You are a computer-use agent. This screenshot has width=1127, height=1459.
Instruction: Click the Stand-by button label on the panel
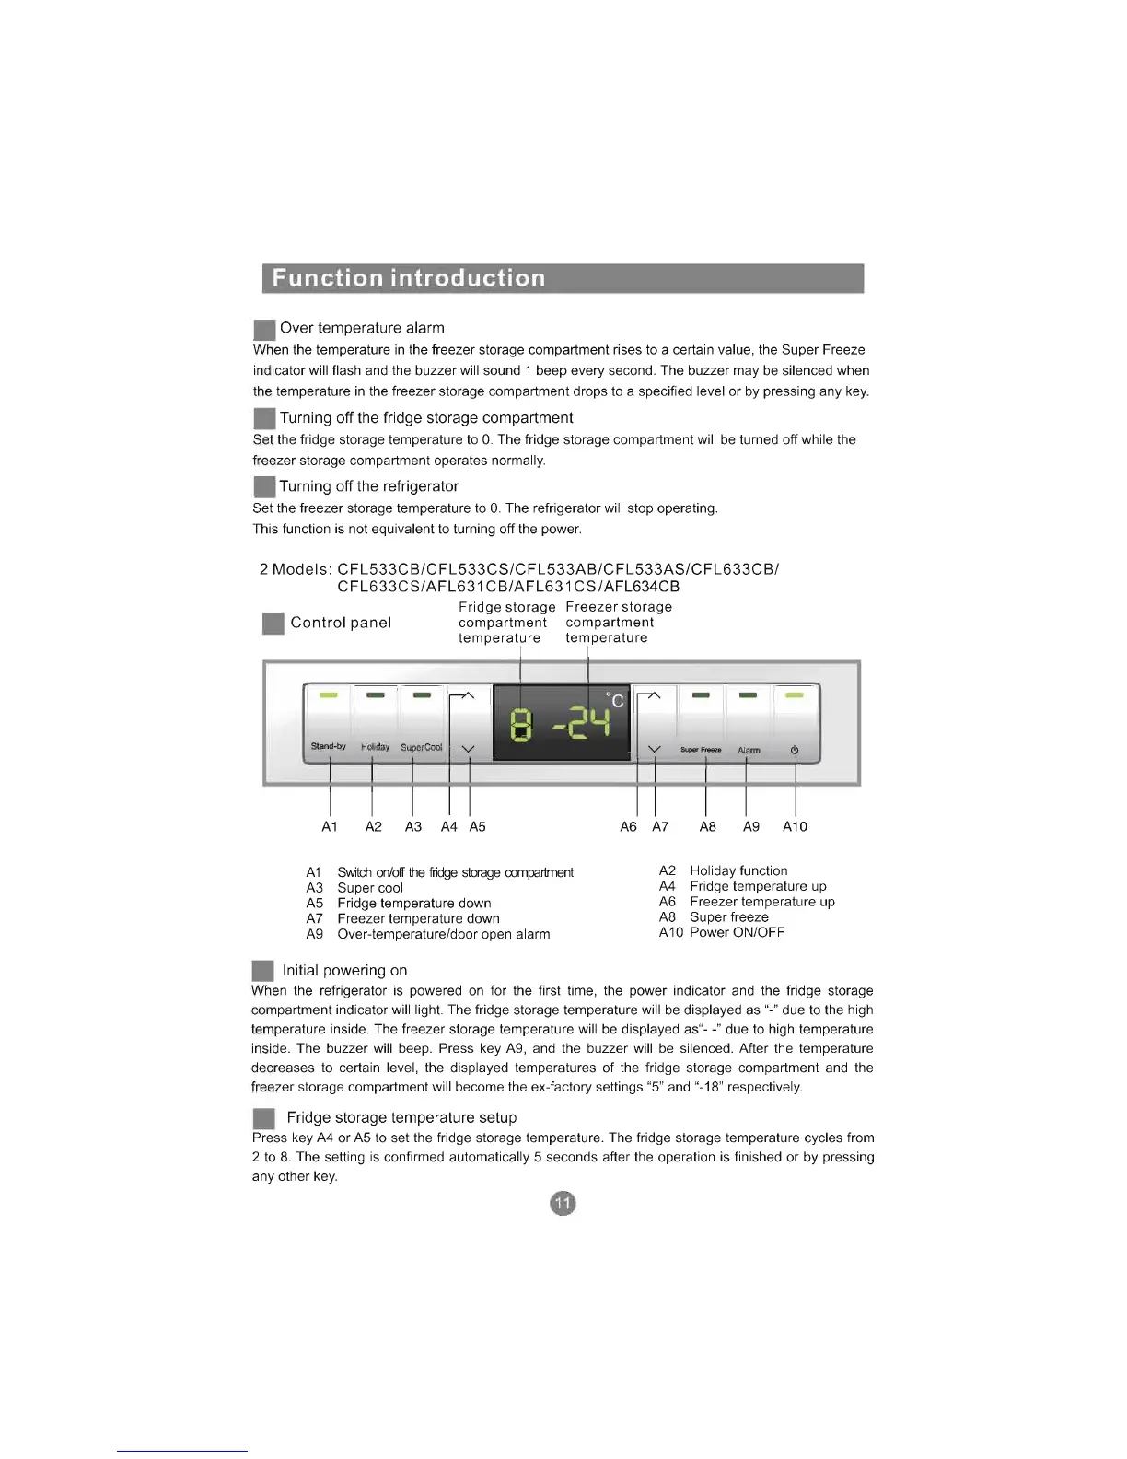328,746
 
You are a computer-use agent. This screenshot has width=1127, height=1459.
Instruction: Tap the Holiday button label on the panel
375,747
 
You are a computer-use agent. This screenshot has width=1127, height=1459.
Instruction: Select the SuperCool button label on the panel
422,747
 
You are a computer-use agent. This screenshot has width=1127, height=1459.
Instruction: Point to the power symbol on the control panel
795,750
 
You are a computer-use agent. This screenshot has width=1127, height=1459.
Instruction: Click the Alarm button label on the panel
749,750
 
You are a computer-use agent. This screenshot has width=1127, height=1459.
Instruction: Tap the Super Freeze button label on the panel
701,750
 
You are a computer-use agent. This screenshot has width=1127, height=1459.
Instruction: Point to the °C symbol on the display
614,700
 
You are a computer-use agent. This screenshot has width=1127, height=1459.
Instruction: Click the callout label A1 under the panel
330,826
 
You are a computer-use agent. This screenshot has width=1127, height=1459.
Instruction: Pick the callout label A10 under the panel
795,826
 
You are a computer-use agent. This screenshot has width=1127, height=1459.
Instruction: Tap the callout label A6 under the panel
628,826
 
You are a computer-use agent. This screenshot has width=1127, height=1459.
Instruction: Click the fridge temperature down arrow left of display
468,749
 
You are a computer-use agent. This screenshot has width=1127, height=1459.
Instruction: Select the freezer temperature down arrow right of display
655,749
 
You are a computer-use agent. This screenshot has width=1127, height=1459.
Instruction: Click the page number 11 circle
563,1203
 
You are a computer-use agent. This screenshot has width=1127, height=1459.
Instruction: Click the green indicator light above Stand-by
329,695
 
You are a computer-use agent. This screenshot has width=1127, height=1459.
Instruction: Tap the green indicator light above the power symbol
795,695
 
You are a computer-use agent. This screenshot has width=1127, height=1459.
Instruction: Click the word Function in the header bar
327,278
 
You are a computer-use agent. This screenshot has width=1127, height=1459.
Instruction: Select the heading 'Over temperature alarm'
362,328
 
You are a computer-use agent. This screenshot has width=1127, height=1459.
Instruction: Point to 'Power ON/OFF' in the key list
737,932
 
